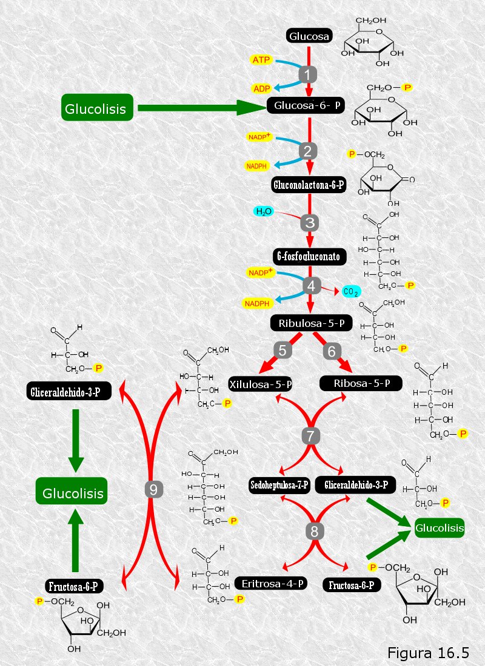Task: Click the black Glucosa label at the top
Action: (x=309, y=36)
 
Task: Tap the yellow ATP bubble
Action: (x=261, y=59)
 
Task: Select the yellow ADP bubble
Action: (x=262, y=88)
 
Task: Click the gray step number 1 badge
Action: (x=307, y=74)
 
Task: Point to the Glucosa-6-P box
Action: (x=306, y=105)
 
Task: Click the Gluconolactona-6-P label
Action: (x=309, y=185)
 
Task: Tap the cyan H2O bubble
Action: (x=264, y=211)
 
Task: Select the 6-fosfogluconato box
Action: (x=309, y=257)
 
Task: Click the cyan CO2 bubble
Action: (x=351, y=291)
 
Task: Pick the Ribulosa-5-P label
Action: (x=312, y=323)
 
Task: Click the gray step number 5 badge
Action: (x=283, y=351)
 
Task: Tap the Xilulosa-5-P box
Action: (x=260, y=384)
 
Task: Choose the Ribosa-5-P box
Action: (x=361, y=383)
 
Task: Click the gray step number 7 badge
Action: (x=310, y=436)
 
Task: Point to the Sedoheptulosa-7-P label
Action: (x=279, y=485)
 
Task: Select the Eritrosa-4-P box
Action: (x=272, y=584)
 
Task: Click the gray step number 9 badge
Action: (x=153, y=490)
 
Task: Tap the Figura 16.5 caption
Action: (x=428, y=653)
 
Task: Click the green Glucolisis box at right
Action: (x=440, y=528)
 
